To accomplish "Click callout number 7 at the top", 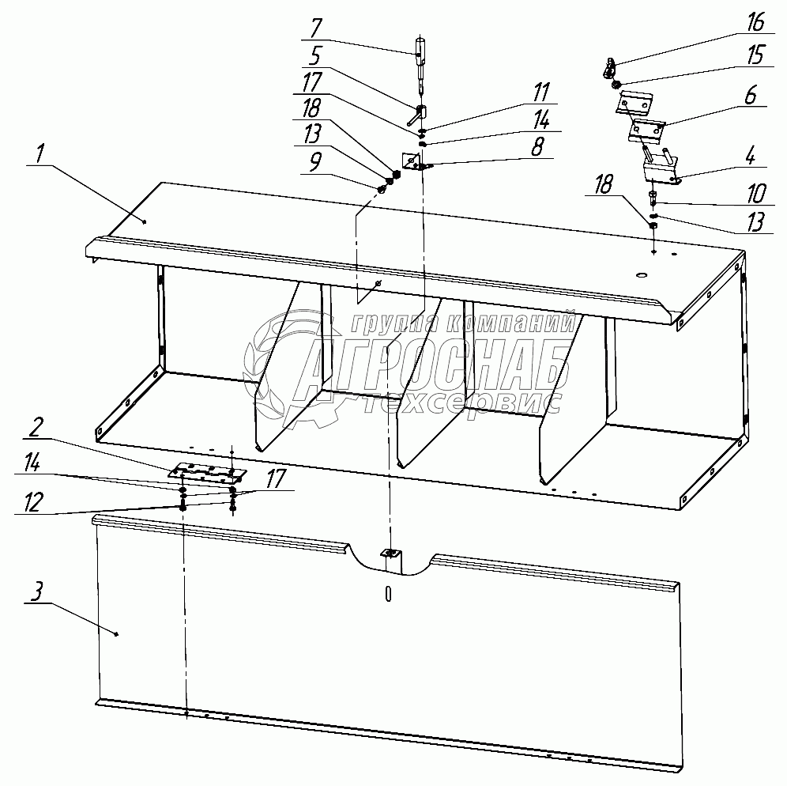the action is [316, 28].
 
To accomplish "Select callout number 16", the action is [755, 23].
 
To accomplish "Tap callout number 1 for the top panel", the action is [40, 153].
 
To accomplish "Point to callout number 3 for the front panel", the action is [37, 592].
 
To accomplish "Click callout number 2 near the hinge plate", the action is [35, 428].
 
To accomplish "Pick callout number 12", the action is [32, 502].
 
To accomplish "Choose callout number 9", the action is [314, 163].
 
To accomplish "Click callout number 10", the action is [756, 194].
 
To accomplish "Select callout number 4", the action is [750, 157].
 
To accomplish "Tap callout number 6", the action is [750, 96].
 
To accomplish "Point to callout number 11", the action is [541, 93].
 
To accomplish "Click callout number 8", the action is [537, 147].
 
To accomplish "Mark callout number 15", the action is [755, 55].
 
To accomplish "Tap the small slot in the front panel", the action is [388, 594].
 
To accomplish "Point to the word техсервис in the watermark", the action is [460, 403].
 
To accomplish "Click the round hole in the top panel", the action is [642, 275].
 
